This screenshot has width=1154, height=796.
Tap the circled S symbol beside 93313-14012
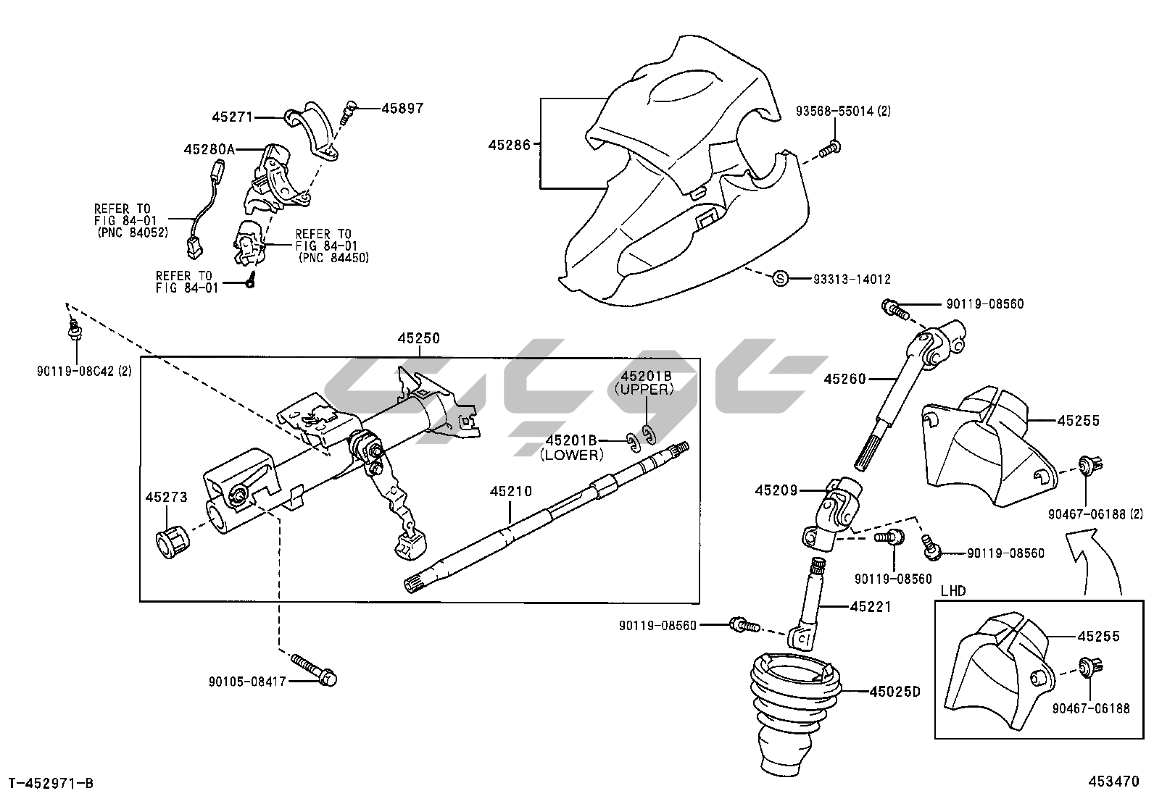(x=780, y=278)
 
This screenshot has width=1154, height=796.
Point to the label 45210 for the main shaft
(x=510, y=492)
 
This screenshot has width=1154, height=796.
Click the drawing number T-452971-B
(x=51, y=782)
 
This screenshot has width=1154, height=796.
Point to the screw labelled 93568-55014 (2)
(x=831, y=148)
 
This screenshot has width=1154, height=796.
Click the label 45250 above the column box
(x=418, y=338)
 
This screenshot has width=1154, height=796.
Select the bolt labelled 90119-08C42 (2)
(x=74, y=332)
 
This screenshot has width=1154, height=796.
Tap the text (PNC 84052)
(x=133, y=232)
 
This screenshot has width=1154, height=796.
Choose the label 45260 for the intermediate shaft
(x=844, y=379)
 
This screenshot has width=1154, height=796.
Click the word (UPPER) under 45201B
(x=644, y=389)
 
